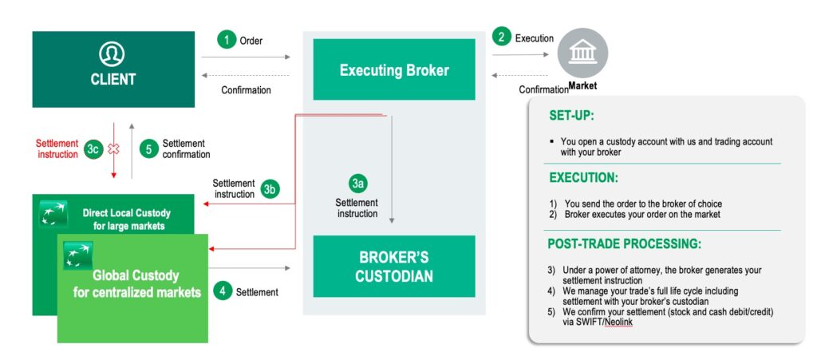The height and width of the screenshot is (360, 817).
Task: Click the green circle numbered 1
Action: click(x=227, y=40)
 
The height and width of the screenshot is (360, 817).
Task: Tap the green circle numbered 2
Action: click(x=501, y=37)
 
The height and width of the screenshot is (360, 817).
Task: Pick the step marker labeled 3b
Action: click(x=270, y=189)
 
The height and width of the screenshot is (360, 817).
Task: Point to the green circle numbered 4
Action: click(x=223, y=291)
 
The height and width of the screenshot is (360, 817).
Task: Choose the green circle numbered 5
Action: click(x=148, y=149)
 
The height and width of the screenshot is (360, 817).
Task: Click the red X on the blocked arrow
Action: click(x=113, y=149)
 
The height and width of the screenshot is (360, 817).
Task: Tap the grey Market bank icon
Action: click(x=582, y=53)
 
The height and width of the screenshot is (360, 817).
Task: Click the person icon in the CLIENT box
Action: click(x=112, y=54)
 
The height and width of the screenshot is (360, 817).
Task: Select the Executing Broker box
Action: click(x=394, y=69)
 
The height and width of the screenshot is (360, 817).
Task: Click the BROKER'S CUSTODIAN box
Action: click(x=394, y=267)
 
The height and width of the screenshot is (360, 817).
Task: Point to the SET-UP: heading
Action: click(x=571, y=116)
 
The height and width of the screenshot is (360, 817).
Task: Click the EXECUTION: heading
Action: click(x=583, y=178)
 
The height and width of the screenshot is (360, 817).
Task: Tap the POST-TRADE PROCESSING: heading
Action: click(x=624, y=243)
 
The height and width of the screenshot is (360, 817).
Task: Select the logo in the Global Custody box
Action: click(x=78, y=255)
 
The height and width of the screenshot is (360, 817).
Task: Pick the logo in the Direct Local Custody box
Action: click(x=53, y=214)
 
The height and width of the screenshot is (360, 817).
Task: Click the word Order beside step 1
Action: click(x=251, y=41)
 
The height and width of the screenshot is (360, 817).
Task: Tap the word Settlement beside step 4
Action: click(x=257, y=292)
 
